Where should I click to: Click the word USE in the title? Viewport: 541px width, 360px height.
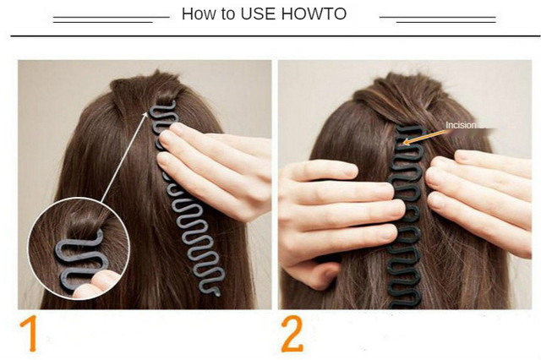pyautogui.click(x=258, y=14)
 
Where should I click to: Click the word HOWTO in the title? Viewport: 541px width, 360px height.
pyautogui.click(x=314, y=14)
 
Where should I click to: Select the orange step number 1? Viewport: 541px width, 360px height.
pyautogui.click(x=30, y=333)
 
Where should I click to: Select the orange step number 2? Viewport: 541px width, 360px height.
pyautogui.click(x=292, y=333)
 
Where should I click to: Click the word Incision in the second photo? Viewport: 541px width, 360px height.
pyautogui.click(x=461, y=125)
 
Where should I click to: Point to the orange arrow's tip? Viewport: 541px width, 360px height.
pyautogui.click(x=403, y=143)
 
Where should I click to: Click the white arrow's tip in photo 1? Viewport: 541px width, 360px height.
pyautogui.click(x=147, y=112)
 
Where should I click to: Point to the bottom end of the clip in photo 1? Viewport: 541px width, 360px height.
pyautogui.click(x=216, y=293)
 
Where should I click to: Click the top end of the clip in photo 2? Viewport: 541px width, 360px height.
pyautogui.click(x=410, y=128)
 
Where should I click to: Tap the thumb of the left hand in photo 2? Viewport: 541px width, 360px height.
pyautogui.click(x=310, y=275)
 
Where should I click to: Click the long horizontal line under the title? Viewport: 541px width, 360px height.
pyautogui.click(x=276, y=35)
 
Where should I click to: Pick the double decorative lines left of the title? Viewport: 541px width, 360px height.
pyautogui.click(x=111, y=19)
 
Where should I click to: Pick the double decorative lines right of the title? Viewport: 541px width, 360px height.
pyautogui.click(x=438, y=19)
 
